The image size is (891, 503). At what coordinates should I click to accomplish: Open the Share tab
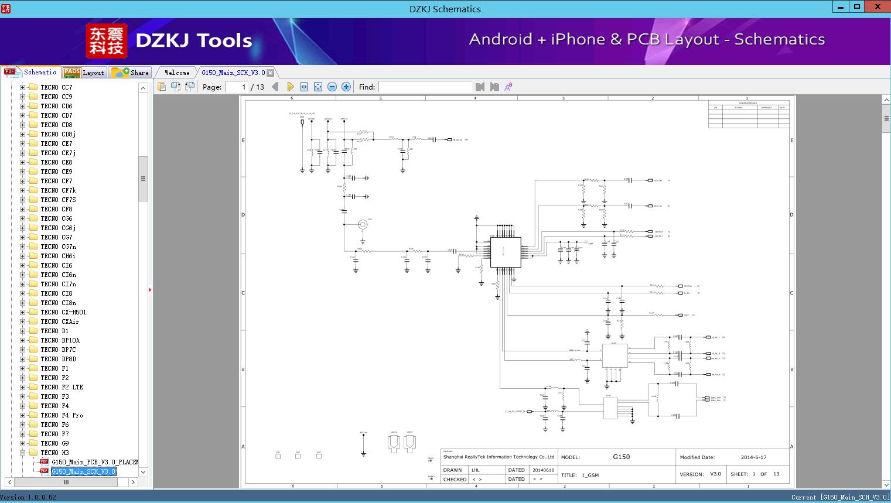(131, 73)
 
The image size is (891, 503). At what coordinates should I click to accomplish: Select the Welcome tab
(176, 73)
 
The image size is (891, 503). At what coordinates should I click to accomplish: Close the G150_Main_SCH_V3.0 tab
(271, 73)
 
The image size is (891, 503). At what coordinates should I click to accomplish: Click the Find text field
(425, 87)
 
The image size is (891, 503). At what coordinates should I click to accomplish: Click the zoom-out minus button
(332, 87)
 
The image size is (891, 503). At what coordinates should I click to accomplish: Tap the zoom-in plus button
(346, 87)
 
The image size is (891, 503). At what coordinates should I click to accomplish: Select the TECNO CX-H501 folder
(63, 312)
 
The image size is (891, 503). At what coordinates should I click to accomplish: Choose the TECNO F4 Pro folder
(62, 415)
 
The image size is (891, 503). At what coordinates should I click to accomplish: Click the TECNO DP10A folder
(60, 340)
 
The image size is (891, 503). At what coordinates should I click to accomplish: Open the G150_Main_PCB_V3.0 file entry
(94, 462)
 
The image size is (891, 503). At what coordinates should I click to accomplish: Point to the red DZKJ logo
(106, 40)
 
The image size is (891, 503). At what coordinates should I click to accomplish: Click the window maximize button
(857, 7)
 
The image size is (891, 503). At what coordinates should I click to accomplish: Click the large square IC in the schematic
(506, 252)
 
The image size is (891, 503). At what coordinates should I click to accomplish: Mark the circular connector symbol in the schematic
(363, 225)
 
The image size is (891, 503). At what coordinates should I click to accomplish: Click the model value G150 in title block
(621, 457)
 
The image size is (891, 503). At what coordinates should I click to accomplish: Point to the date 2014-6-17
(753, 457)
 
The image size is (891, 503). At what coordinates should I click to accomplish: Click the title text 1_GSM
(590, 475)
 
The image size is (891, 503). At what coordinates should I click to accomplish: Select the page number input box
(237, 87)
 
